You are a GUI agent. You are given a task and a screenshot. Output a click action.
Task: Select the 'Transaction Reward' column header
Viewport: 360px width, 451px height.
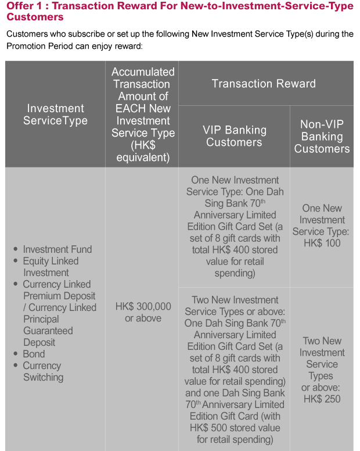pos(264,84)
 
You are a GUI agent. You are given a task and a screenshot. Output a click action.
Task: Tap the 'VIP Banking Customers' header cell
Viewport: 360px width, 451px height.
pos(235,136)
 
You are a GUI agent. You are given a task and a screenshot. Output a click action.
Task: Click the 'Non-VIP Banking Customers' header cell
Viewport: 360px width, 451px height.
pos(322,137)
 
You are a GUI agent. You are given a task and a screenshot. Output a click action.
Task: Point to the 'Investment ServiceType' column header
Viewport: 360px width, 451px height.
pos(55,114)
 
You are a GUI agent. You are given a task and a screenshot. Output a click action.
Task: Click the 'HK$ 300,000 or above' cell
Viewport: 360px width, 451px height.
pos(143,312)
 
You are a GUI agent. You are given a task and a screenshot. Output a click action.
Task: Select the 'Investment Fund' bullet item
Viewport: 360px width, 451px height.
pos(57,249)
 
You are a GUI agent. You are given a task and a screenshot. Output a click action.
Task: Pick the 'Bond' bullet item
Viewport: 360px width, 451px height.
pos(34,354)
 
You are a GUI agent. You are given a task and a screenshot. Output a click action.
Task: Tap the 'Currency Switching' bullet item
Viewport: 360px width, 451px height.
pos(43,371)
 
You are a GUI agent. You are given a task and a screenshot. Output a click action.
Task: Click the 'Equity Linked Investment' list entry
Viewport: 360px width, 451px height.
pos(51,267)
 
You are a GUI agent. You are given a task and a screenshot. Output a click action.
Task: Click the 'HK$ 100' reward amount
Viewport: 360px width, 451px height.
pos(322,243)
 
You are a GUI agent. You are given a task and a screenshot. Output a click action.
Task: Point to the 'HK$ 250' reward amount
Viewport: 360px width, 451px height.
pos(322,399)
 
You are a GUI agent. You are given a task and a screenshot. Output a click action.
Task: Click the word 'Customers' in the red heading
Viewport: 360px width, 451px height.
pos(35,17)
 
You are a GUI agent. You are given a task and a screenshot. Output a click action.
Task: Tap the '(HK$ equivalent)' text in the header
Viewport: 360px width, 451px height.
pos(143,151)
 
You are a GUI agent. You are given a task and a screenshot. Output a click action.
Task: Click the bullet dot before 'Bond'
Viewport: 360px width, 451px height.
pos(16,353)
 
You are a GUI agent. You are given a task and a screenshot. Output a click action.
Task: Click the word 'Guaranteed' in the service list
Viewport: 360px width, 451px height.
pos(48,331)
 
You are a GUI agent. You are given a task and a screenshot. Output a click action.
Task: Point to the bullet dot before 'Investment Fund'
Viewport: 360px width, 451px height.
pos(16,249)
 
